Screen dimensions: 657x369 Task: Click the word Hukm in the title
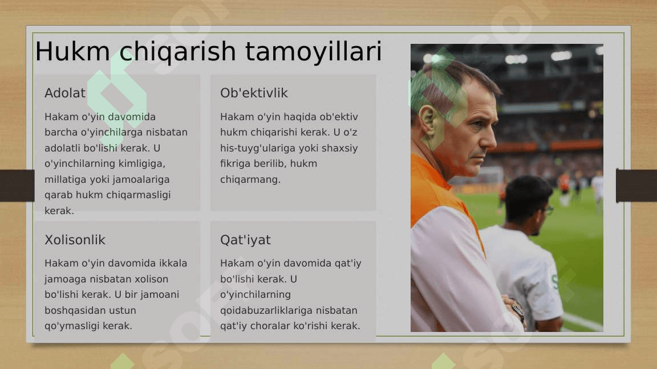[72, 51]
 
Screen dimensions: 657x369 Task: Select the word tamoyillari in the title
[314, 51]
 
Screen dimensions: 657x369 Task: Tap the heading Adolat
[65, 93]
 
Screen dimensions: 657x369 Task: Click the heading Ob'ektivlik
[254, 93]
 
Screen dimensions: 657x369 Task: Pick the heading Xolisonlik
[75, 240]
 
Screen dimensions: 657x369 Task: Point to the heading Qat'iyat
[246, 240]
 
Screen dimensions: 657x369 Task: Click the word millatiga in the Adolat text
[65, 179]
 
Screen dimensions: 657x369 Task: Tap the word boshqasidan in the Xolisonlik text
[68, 310]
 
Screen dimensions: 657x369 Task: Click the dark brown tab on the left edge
[17, 186]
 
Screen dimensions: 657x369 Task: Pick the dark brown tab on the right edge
[636, 186]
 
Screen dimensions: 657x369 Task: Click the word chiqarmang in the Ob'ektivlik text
[250, 179]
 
